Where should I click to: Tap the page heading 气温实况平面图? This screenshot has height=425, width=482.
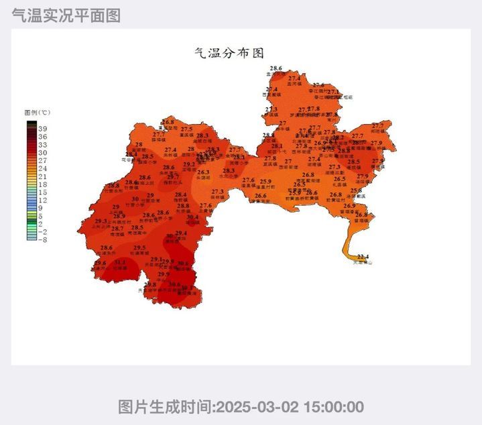click(x=66, y=16)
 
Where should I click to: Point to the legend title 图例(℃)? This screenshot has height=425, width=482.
click(x=38, y=113)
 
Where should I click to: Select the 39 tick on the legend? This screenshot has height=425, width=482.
click(x=42, y=129)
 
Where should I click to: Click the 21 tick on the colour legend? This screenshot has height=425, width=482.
click(x=42, y=176)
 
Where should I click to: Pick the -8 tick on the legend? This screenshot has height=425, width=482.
click(x=42, y=239)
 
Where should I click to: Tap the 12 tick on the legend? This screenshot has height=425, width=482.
click(x=42, y=200)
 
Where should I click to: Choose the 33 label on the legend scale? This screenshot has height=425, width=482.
click(x=42, y=145)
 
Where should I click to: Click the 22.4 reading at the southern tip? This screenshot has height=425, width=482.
click(x=363, y=257)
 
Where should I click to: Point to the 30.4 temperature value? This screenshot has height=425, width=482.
click(x=192, y=217)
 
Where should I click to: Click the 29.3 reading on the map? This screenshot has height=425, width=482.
click(x=101, y=221)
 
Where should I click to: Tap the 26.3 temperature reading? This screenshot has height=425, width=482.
click(x=203, y=172)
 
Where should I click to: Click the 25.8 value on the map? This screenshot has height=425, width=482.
click(x=356, y=191)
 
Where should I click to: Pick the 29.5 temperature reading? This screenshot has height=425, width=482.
click(x=139, y=248)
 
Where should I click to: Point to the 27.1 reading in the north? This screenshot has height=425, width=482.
click(x=333, y=92)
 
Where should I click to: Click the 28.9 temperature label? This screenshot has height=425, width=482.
click(x=119, y=216)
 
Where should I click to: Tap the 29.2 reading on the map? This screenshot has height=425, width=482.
click(x=189, y=164)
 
